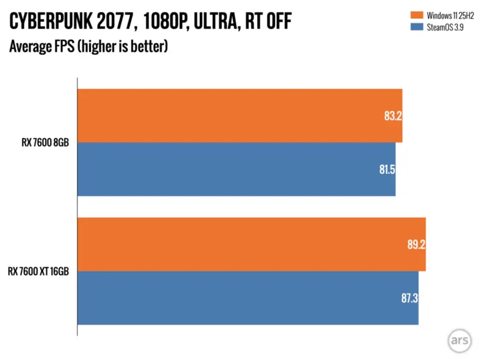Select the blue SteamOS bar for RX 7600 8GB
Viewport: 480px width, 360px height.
pyautogui.click(x=236, y=169)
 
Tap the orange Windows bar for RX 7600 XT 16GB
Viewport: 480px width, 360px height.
pyautogui.click(x=251, y=244)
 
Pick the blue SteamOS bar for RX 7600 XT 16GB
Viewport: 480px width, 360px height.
pyautogui.click(x=247, y=298)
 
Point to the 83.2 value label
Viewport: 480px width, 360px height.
pyautogui.click(x=390, y=116)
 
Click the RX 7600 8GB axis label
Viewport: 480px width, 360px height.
pyautogui.click(x=41, y=143)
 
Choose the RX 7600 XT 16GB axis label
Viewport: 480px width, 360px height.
pyautogui.click(x=38, y=271)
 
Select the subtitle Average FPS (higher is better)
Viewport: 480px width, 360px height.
pyautogui.click(x=88, y=46)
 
